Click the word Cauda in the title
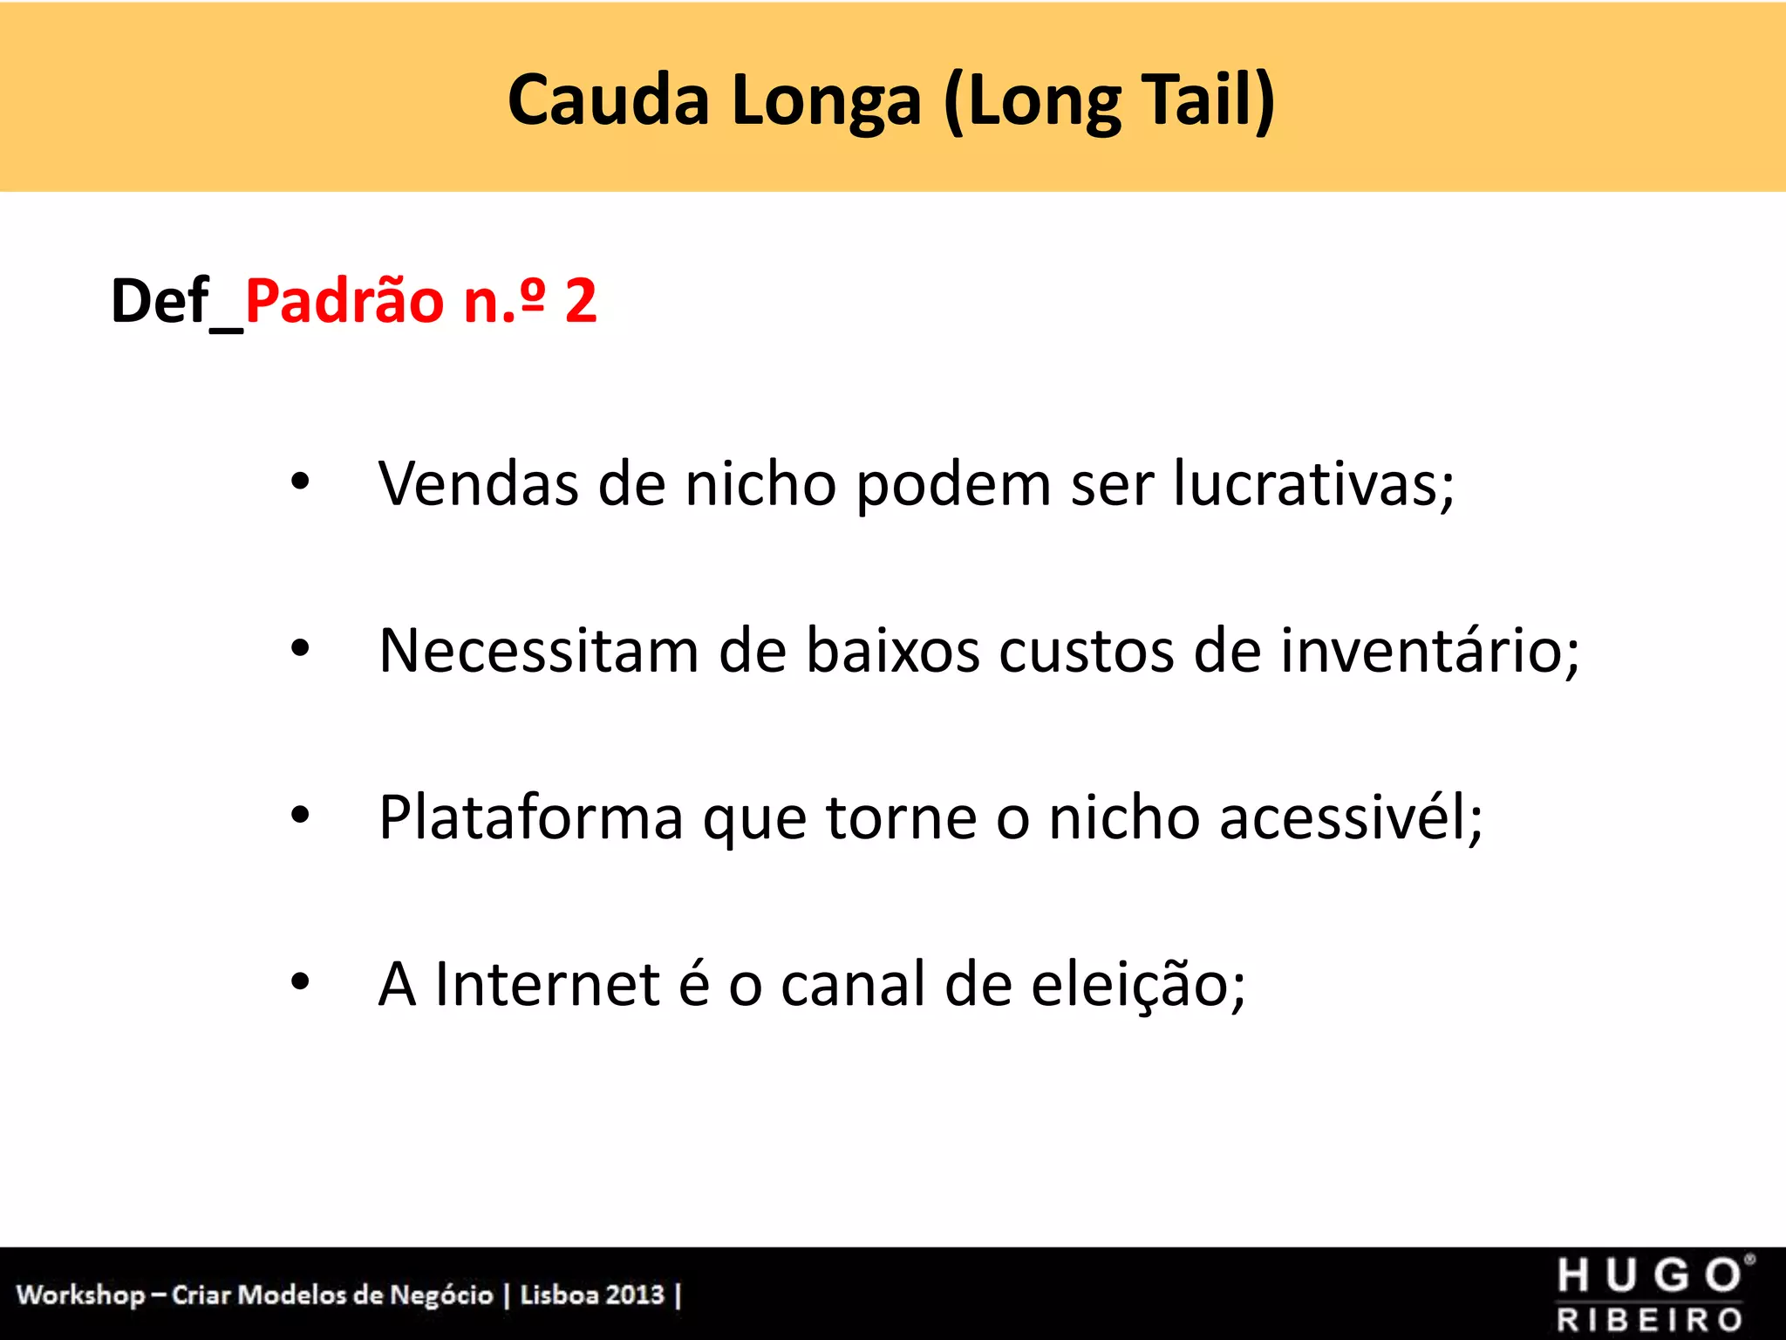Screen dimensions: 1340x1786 (x=608, y=100)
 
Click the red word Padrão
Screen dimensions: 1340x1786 (x=344, y=301)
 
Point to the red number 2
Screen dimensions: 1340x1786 (x=581, y=301)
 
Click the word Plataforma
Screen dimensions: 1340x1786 (x=531, y=818)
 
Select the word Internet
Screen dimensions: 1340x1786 (x=547, y=984)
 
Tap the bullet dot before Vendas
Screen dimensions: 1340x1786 (x=300, y=481)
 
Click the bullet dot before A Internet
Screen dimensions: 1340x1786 (x=300, y=982)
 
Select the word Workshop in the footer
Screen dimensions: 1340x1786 (x=80, y=1295)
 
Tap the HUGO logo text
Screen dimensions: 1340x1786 (x=1650, y=1276)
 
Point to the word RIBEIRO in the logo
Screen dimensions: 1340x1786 (x=1650, y=1320)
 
